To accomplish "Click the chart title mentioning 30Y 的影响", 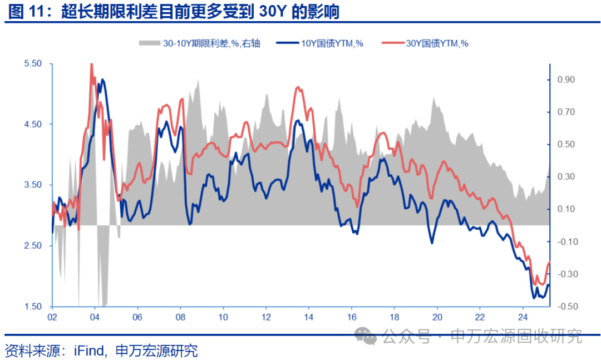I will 173,11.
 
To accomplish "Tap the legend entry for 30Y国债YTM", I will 431,43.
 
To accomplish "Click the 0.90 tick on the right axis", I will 566,80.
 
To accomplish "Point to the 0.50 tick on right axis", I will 566,145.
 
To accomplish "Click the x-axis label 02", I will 52,317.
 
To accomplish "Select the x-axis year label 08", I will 180,317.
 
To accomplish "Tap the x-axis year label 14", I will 308,317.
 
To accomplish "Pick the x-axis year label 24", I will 522,317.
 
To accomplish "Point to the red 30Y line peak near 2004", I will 91,65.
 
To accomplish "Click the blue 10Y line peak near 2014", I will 299,120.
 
